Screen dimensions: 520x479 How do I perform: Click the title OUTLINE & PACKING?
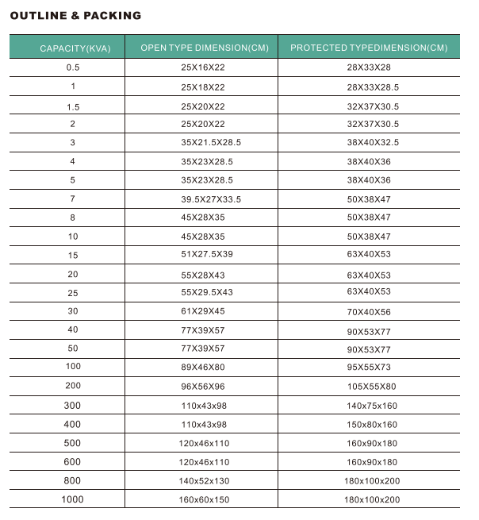point(75,15)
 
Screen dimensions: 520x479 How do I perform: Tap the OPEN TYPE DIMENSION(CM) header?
point(204,48)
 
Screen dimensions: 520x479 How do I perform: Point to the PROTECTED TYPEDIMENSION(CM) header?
point(369,48)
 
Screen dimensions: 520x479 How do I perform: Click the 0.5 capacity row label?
point(73,67)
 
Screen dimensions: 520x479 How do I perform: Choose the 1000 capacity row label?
point(72,499)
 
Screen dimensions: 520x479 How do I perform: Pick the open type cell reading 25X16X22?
point(203,67)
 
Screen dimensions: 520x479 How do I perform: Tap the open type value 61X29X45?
point(203,311)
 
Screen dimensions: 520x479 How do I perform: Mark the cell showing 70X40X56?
point(369,312)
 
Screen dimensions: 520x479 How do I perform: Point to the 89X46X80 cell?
point(203,367)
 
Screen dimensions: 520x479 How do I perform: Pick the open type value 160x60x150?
point(205,499)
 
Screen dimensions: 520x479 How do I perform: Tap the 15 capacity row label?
point(73,255)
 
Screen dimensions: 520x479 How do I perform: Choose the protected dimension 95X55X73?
point(369,368)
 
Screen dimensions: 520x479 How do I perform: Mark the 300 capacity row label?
point(72,406)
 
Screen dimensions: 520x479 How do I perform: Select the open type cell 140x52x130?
point(205,480)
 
